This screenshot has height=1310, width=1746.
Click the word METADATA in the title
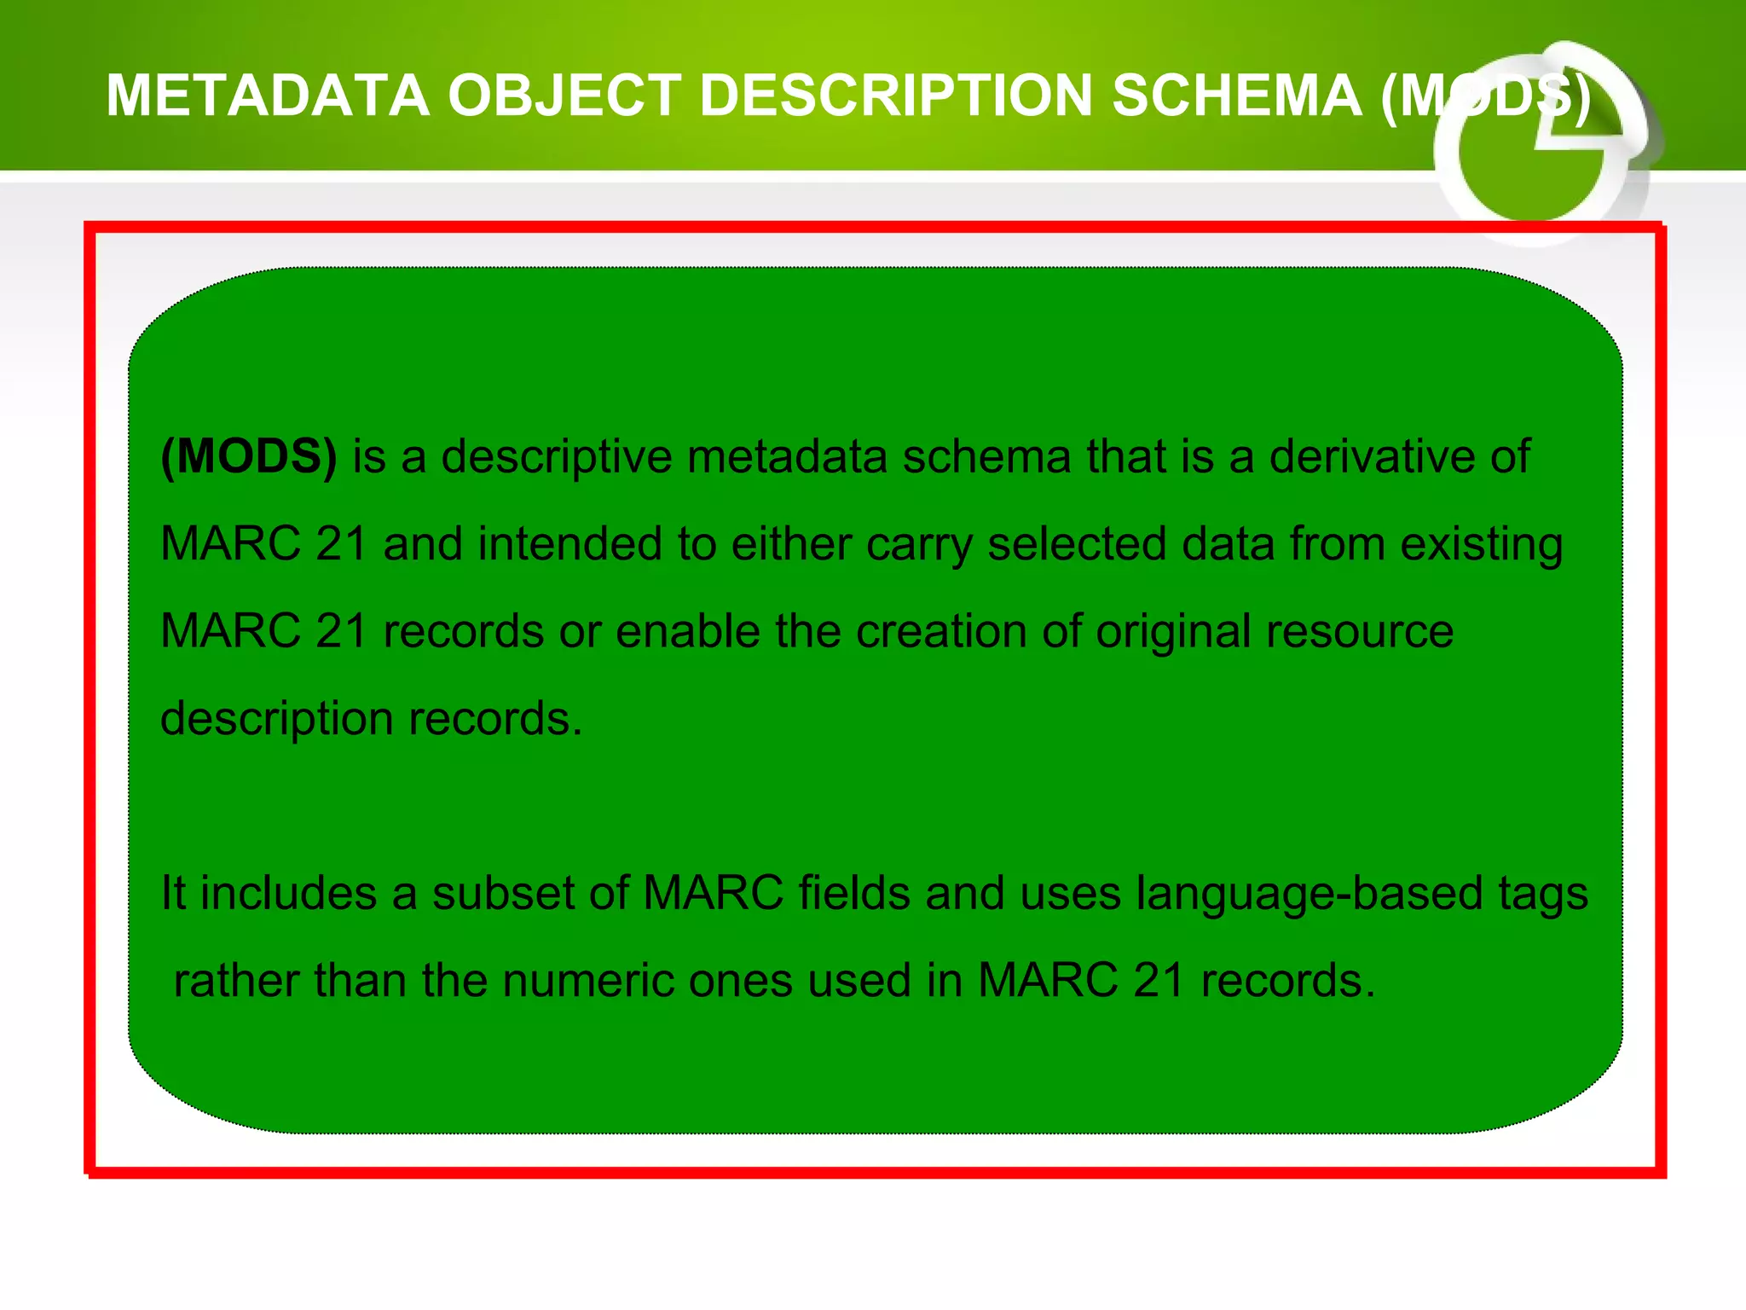click(x=268, y=96)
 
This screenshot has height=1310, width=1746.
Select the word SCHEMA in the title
click(x=1236, y=96)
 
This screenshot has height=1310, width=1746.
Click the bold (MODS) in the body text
click(x=249, y=457)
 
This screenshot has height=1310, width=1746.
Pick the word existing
click(x=1482, y=546)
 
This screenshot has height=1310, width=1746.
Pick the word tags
click(x=1544, y=896)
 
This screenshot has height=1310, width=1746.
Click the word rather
click(x=236, y=981)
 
